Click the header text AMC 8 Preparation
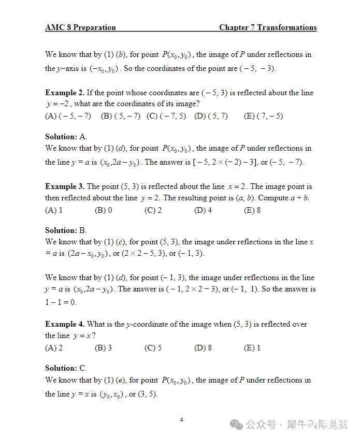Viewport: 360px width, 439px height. (80, 27)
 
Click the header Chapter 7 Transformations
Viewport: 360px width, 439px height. (267, 27)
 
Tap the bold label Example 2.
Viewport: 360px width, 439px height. (65, 93)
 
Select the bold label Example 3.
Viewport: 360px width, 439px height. (65, 186)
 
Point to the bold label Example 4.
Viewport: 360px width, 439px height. (65, 324)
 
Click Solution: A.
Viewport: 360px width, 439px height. (66, 137)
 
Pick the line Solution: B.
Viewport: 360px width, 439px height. (66, 230)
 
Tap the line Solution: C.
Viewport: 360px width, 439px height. (66, 368)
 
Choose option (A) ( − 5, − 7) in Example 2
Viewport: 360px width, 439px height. (68, 116)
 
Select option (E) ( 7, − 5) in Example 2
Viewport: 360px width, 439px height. (263, 116)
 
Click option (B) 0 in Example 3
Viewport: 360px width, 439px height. (104, 210)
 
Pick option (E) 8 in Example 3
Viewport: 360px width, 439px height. (252, 210)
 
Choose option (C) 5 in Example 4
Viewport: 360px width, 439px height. (153, 348)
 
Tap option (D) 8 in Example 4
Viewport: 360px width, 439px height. (203, 348)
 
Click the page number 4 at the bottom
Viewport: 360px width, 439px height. (181, 420)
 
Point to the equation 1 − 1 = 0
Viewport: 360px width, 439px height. (61, 302)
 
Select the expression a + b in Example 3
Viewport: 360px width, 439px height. (299, 198)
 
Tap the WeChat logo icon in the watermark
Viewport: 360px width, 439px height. (237, 425)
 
